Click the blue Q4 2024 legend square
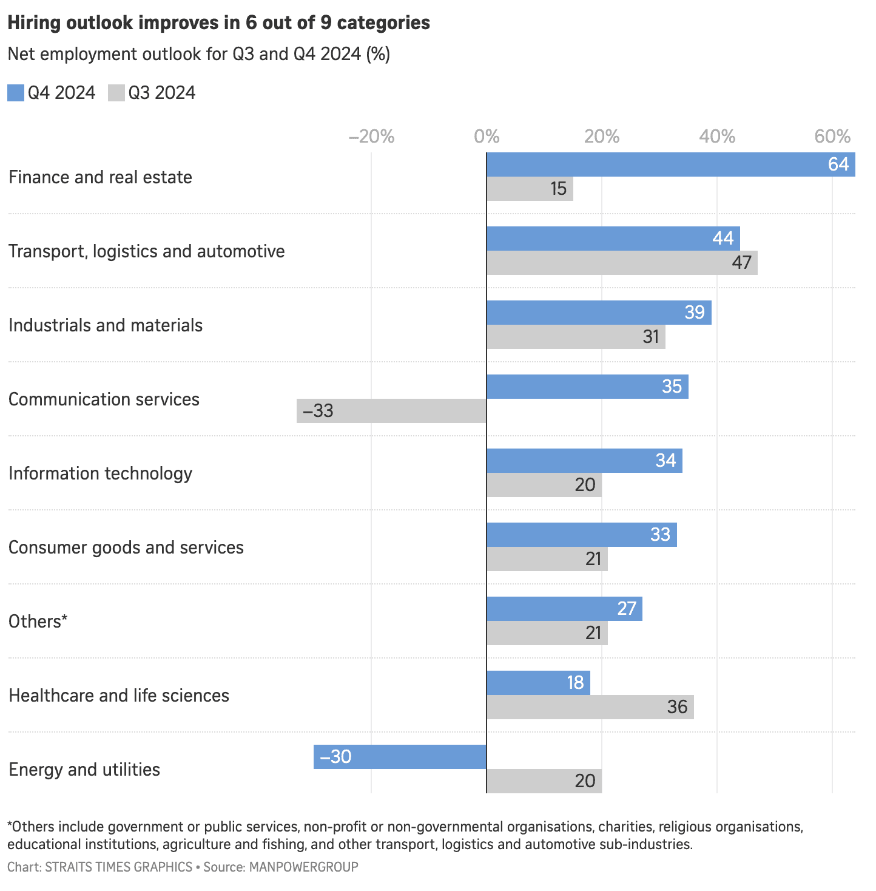coord(16,93)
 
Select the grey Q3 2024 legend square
coord(116,93)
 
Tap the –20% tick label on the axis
coord(371,137)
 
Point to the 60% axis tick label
coord(832,137)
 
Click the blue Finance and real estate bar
coord(670,164)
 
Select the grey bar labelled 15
coord(530,189)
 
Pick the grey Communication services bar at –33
coord(391,411)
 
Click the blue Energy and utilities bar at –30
coord(400,757)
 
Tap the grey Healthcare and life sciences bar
coord(590,707)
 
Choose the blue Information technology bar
coord(584,461)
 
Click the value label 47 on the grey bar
coord(741,263)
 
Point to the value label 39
coord(695,313)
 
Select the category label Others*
coord(38,622)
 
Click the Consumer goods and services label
coord(126,547)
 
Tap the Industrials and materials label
coord(106,325)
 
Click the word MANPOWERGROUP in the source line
coord(303,867)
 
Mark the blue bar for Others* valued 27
coord(564,609)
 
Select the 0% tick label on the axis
coord(487,137)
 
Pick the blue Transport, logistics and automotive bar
coord(613,239)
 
